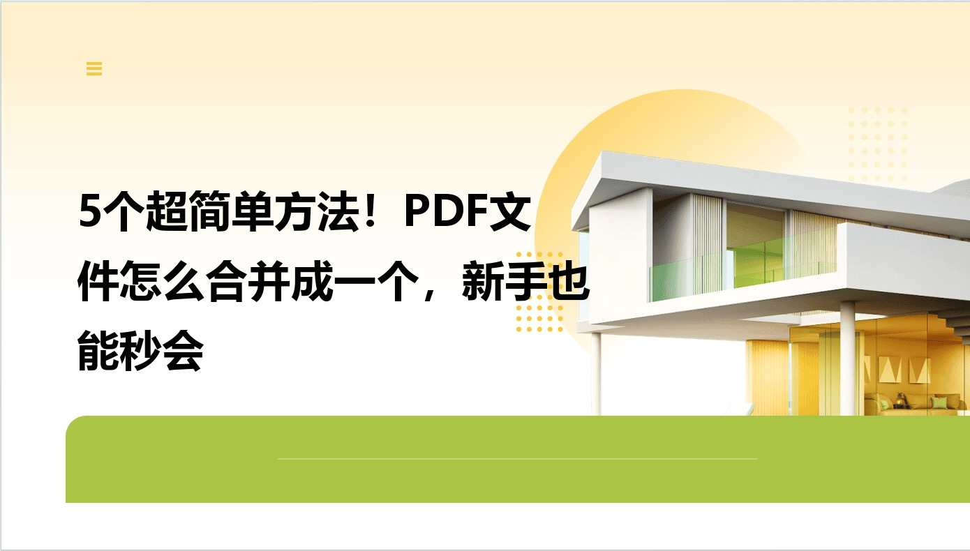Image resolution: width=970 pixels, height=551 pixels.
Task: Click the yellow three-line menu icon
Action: click(x=94, y=68)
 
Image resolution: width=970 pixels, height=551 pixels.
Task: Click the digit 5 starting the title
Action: click(x=89, y=211)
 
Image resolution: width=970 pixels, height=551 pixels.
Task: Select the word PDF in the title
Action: click(x=446, y=211)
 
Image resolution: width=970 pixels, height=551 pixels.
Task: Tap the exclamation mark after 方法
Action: click(x=371, y=211)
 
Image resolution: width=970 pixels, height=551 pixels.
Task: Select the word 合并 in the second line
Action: click(x=248, y=281)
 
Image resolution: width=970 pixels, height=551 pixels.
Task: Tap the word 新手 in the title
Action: click(x=504, y=281)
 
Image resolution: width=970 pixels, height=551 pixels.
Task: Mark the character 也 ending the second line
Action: click(x=569, y=281)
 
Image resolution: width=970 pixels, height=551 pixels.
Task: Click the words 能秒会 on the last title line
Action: click(x=140, y=351)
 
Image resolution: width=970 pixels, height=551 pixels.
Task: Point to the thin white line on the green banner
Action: click(x=518, y=458)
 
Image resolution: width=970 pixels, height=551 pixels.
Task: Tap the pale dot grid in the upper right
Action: click(x=877, y=144)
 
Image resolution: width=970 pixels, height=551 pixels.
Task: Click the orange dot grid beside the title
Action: click(x=539, y=292)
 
